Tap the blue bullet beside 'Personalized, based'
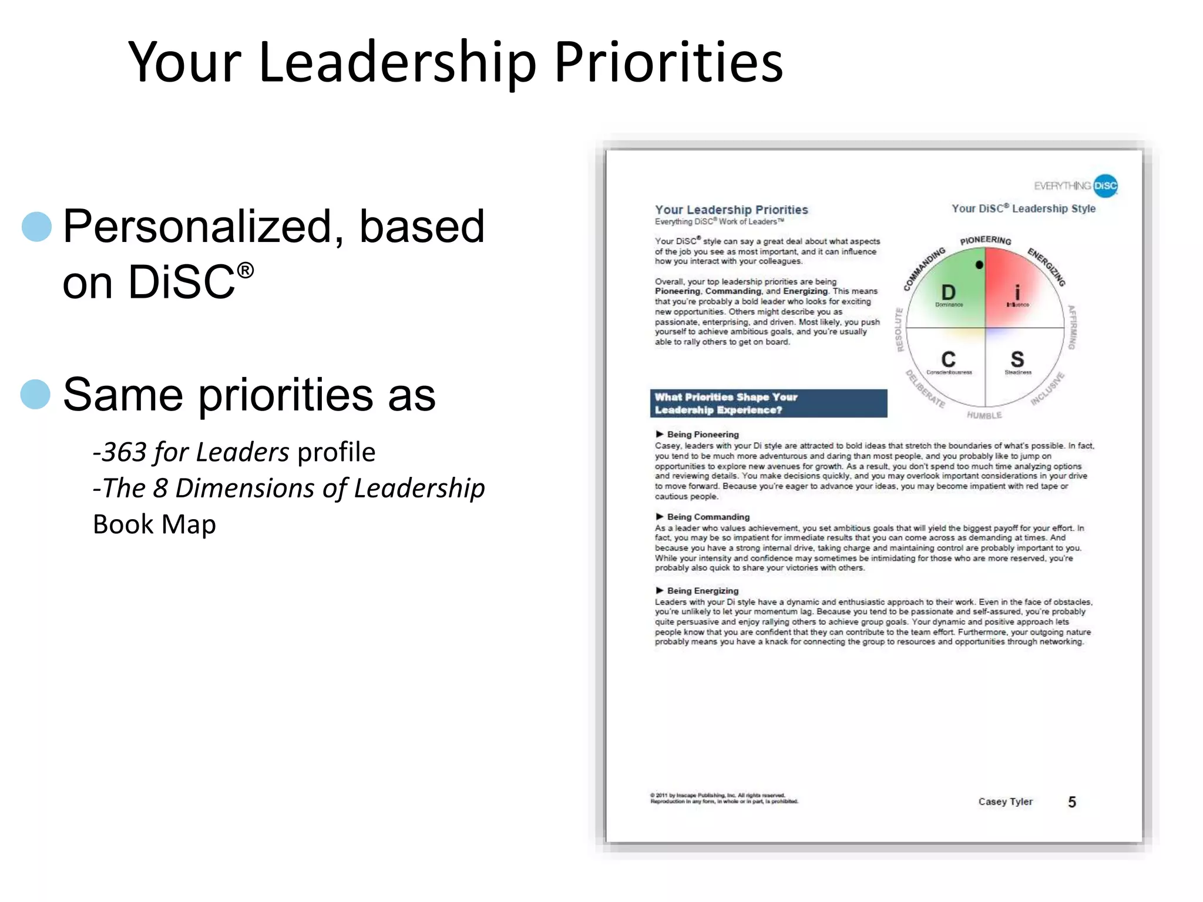[x=36, y=227]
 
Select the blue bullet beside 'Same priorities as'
[x=36, y=394]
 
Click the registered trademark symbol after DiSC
[x=246, y=271]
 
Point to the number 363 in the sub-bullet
[x=125, y=452]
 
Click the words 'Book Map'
[x=154, y=524]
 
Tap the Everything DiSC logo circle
[x=1105, y=186]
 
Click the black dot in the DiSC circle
[x=979, y=265]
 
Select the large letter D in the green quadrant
[x=948, y=292]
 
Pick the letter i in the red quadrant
[x=1017, y=292]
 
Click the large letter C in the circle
[x=948, y=359]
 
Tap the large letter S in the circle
[x=1017, y=359]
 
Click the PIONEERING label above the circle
[x=986, y=240]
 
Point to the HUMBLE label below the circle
[x=984, y=415]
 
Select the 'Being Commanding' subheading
[x=708, y=517]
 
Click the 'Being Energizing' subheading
[x=703, y=591]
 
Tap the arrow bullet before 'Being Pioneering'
[x=660, y=434]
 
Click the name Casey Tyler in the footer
[x=1005, y=802]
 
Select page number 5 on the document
[x=1072, y=802]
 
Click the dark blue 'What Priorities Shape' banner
[x=768, y=403]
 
